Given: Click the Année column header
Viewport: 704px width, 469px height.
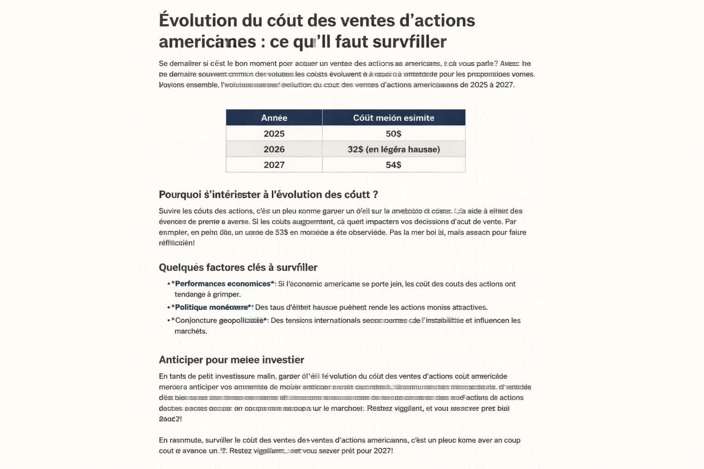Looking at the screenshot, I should point(274,118).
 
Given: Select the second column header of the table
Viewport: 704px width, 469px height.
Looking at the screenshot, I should point(393,118).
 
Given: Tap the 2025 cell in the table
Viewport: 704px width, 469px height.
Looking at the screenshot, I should point(274,134).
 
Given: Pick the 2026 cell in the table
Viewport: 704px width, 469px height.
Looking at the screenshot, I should point(274,149).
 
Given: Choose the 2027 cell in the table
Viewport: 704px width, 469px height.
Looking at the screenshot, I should point(274,165).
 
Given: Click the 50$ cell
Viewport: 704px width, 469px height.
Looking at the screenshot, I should point(393,134).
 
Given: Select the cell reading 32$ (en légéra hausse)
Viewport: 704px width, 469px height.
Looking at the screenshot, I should point(393,149).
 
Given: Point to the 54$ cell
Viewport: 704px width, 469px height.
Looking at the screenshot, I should point(393,165).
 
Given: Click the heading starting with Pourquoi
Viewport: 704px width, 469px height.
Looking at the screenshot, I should point(268,195).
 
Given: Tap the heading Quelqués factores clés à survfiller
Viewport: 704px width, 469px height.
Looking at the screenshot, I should point(238,267).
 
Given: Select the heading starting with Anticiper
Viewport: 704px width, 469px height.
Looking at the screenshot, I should point(231,360).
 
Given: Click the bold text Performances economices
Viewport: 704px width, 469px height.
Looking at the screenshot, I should point(223,284).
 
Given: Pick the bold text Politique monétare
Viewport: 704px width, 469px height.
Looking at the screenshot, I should point(211,307).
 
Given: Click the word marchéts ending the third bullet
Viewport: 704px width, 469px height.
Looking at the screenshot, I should point(191,331).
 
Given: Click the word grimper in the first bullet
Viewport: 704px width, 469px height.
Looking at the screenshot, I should point(227,294).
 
